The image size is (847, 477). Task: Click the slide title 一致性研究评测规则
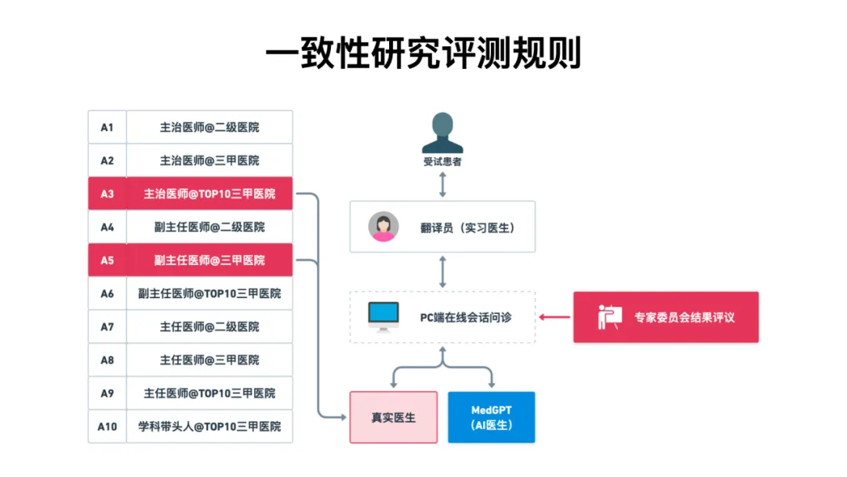coord(423,54)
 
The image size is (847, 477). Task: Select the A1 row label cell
coord(107,127)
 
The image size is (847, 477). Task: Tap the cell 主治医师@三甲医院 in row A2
coord(209,160)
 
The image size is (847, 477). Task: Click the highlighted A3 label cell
coord(107,193)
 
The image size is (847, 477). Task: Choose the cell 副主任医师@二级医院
coord(209,227)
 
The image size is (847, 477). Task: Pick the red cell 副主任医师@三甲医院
coord(209,260)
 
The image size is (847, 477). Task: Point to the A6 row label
coord(107,293)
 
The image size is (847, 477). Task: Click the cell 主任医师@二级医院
coord(209,326)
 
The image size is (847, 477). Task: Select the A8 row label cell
coord(107,360)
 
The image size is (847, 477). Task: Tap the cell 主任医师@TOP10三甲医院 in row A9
coord(209,393)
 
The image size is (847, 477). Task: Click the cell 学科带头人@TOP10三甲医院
coord(209,427)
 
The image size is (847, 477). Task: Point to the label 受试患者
coord(442,162)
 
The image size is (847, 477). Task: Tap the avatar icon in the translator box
coord(384,227)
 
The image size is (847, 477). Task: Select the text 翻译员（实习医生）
coord(467,228)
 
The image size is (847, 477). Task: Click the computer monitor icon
coord(384,316)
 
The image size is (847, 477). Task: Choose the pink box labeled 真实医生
coord(393,417)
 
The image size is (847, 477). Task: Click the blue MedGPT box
coord(491,417)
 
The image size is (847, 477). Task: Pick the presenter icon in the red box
coord(609,317)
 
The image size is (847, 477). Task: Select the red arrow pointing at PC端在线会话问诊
coord(554,317)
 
